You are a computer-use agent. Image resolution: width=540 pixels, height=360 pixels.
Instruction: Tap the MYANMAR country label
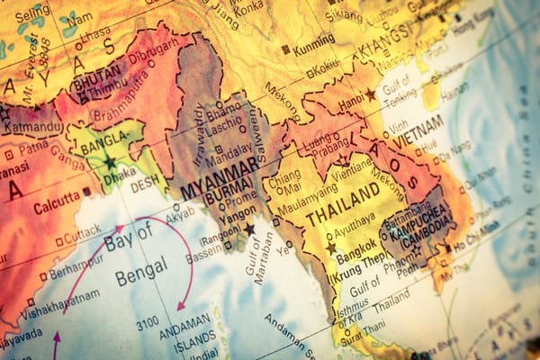220,178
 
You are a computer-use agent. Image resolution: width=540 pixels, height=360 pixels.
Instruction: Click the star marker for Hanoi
370,94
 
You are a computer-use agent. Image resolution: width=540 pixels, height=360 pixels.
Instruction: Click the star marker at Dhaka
110,163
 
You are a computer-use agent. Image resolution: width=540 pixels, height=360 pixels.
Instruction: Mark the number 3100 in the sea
148,321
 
